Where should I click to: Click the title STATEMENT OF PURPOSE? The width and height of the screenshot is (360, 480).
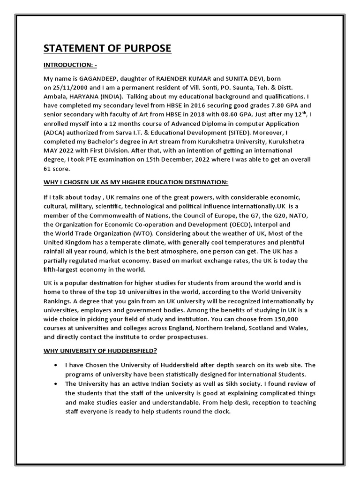click(x=108, y=48)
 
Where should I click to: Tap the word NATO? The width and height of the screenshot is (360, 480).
click(x=299, y=215)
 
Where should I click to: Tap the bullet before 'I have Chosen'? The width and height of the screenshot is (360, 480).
click(x=57, y=365)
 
